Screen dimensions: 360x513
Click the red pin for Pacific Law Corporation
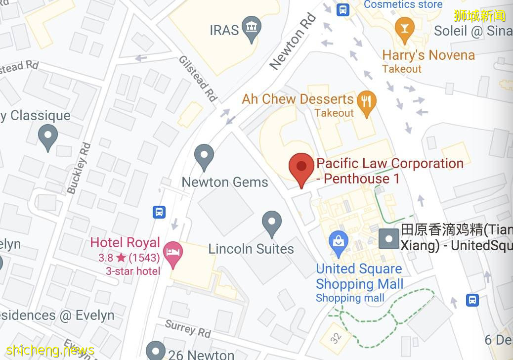pyautogui.click(x=301, y=167)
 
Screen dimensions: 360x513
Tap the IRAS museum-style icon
pyautogui.click(x=253, y=29)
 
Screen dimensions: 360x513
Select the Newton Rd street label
pyautogui.click(x=293, y=42)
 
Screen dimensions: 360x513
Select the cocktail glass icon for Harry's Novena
pyautogui.click(x=405, y=28)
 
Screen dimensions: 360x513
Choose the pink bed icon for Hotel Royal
pyautogui.click(x=172, y=252)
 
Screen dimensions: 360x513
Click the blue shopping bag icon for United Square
pyautogui.click(x=339, y=242)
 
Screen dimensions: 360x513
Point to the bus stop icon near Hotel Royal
pyautogui.click(x=159, y=212)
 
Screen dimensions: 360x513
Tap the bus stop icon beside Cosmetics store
pyautogui.click(x=343, y=9)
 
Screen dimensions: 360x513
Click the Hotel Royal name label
pyautogui.click(x=125, y=243)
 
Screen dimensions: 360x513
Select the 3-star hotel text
pyautogui.click(x=133, y=271)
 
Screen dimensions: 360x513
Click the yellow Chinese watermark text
pyautogui.click(x=479, y=16)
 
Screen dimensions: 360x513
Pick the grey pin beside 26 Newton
pyautogui.click(x=155, y=350)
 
